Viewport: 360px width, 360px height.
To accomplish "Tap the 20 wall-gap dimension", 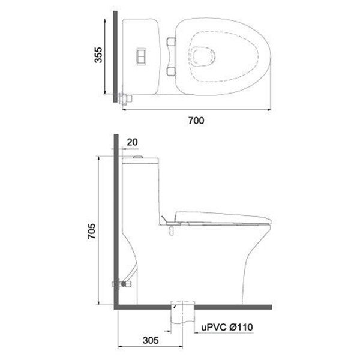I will pyautogui.click(x=133, y=142).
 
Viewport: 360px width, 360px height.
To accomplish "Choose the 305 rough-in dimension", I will pyautogui.click(x=151, y=340).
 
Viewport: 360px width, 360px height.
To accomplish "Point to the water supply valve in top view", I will pyautogui.click(x=124, y=98).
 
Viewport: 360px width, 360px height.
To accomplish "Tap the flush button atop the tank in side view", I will pyautogui.click(x=139, y=157).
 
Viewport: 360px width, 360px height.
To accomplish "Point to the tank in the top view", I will pyautogui.click(x=141, y=56).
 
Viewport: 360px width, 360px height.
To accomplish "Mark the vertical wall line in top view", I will pyautogui.click(x=114, y=57).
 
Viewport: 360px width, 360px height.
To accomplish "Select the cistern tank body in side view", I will pyautogui.click(x=139, y=192).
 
